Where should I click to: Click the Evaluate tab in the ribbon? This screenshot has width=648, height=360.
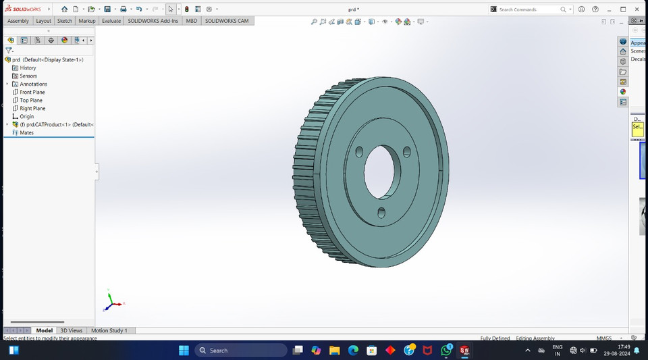click(x=111, y=21)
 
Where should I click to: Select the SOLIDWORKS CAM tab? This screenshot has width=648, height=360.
click(x=227, y=21)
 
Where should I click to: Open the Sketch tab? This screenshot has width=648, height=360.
click(x=65, y=21)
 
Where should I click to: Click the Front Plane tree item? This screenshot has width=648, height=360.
click(x=32, y=92)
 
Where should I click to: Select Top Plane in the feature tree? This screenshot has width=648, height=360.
click(x=31, y=100)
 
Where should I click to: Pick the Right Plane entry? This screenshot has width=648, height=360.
click(x=32, y=108)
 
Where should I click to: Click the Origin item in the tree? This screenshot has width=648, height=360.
click(x=26, y=116)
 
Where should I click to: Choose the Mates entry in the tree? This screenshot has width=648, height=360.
click(x=26, y=132)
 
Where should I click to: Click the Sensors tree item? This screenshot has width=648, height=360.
click(x=28, y=76)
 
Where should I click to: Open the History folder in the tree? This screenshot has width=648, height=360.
click(x=28, y=68)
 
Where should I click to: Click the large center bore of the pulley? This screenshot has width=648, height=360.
click(x=383, y=172)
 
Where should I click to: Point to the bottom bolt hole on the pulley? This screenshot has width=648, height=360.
click(x=381, y=213)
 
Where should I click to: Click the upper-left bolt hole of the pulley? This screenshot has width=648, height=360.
click(x=359, y=151)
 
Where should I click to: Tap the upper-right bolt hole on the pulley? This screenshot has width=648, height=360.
click(x=407, y=152)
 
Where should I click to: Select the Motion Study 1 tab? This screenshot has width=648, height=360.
click(x=109, y=330)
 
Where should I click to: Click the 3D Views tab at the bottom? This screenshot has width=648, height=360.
click(x=72, y=330)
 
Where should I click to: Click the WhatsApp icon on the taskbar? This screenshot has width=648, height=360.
click(x=446, y=351)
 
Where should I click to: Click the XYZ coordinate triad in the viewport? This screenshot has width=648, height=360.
click(x=112, y=302)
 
